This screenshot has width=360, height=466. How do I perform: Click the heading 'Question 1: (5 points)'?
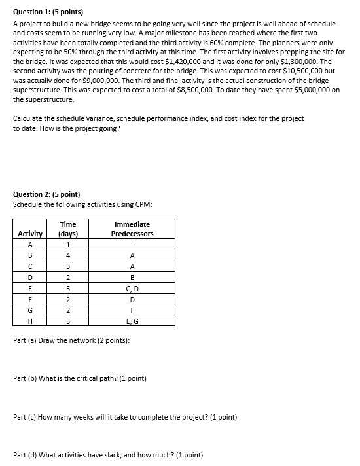[48, 12]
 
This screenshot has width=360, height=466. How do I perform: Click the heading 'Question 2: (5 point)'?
[47, 194]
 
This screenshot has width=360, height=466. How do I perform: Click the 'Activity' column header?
[30, 234]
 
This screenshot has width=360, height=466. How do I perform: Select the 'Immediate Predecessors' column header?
[132, 228]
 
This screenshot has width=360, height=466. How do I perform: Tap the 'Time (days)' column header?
[67, 228]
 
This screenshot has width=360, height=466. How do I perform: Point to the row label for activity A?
[30, 244]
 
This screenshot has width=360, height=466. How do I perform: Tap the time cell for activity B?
[67, 255]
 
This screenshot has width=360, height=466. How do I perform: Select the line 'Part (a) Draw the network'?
[71, 341]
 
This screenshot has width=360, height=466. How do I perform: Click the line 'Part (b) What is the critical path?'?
[80, 378]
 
